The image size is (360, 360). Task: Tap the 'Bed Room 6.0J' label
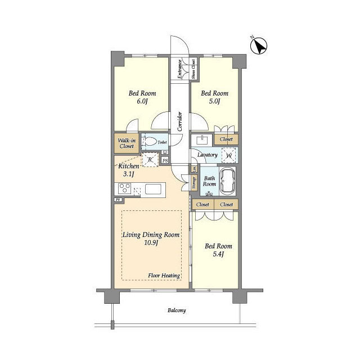[142, 97]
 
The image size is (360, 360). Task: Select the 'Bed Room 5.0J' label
[214, 97]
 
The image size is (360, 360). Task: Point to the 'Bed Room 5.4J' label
[218, 250]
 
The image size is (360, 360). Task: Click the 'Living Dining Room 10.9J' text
[152, 238]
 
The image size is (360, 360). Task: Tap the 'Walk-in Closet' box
[126, 143]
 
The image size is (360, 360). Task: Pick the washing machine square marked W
[229, 155]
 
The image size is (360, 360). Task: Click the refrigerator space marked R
[150, 160]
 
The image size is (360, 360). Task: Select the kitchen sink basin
[153, 190]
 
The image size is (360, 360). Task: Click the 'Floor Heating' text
[164, 276]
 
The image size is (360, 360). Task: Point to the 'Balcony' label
[176, 310]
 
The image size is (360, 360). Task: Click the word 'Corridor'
[179, 121]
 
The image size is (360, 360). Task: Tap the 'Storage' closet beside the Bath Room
[193, 183]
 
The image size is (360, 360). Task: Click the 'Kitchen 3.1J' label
[129, 170]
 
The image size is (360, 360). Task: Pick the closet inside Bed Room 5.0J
[226, 139]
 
